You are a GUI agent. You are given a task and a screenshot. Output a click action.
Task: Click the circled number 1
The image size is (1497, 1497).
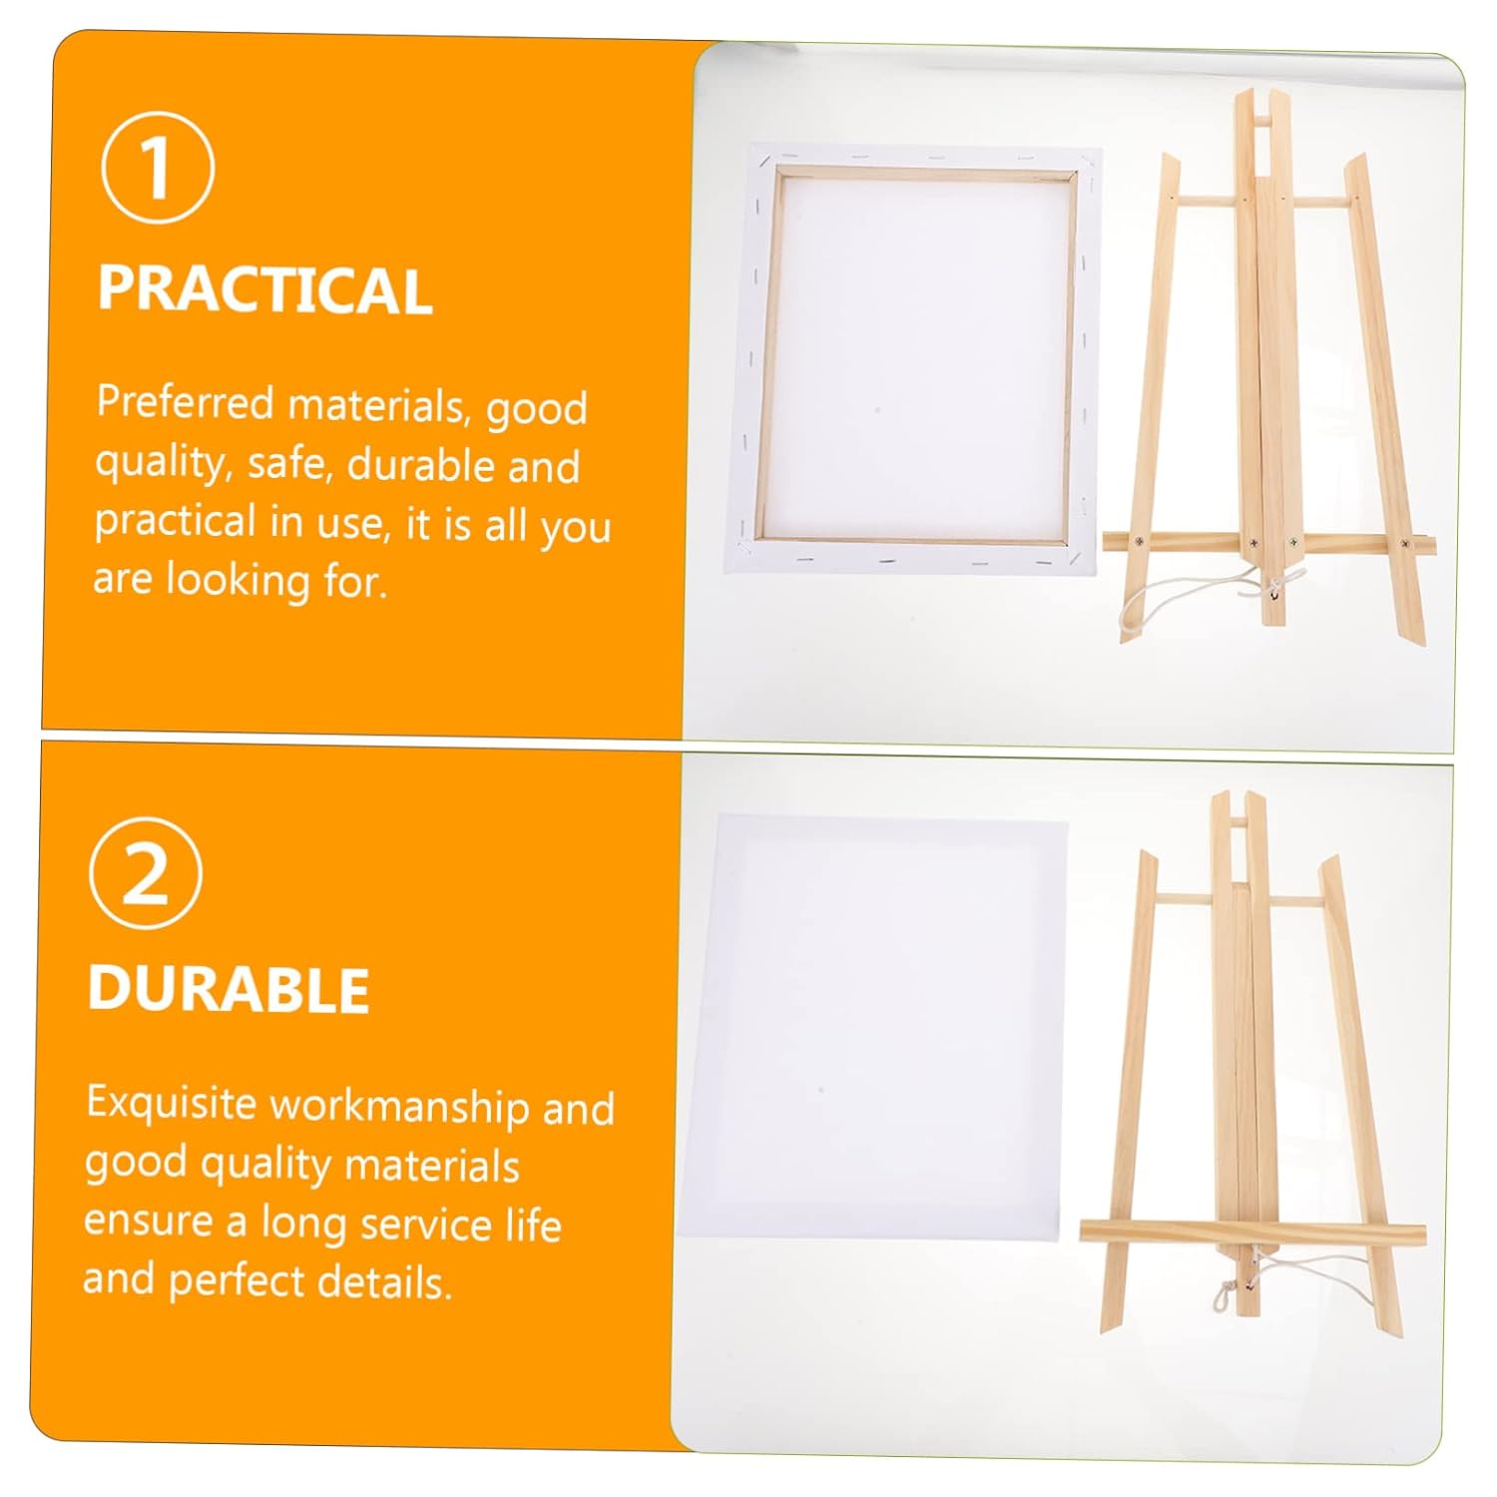158,167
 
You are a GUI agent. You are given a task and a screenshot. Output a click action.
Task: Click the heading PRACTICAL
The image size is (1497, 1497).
264,290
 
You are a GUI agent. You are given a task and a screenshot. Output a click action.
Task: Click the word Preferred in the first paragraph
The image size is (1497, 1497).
185,402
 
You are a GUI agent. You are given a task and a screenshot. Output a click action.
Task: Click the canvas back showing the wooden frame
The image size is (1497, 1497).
912,360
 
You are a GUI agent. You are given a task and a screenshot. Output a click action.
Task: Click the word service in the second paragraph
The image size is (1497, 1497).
425,1225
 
